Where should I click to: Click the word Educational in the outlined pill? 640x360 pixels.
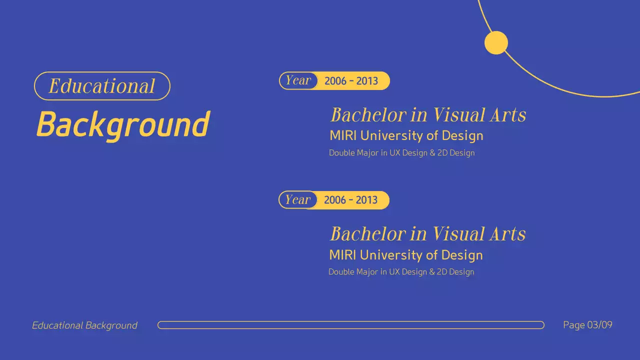102,86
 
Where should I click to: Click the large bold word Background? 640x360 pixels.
123,124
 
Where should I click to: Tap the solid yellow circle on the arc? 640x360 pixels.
496,42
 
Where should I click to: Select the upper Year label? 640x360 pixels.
298,80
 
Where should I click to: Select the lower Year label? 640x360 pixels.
298,200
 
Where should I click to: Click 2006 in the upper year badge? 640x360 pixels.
335,81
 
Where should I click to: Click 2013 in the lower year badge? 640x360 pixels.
366,200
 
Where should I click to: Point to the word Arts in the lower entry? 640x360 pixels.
507,234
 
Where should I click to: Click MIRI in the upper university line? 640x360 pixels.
343,135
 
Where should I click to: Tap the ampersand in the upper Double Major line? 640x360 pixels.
432,153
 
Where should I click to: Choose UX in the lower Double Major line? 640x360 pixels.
394,272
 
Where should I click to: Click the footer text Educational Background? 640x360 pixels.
84,325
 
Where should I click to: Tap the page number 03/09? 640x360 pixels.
599,325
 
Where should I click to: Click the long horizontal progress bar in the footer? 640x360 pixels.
350,325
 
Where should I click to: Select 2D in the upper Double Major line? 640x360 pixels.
442,153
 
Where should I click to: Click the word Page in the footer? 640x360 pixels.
573,325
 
